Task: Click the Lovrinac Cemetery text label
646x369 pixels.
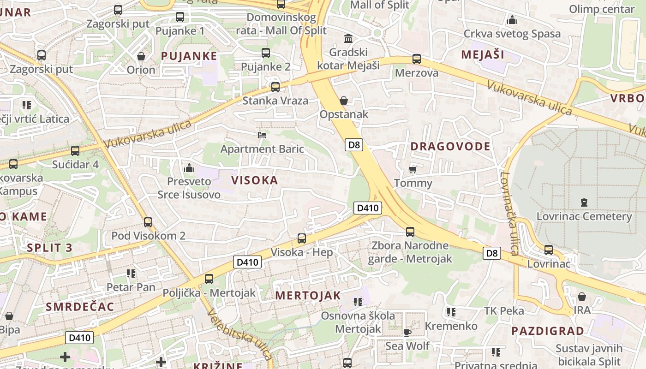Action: pyautogui.click(x=584, y=216)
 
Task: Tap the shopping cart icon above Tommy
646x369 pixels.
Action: pyautogui.click(x=413, y=169)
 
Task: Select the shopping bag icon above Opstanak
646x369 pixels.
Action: pyautogui.click(x=343, y=100)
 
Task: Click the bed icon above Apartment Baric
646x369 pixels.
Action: pyautogui.click(x=262, y=135)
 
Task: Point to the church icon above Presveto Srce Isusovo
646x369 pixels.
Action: pyautogui.click(x=189, y=167)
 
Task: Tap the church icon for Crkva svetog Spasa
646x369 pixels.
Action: pyautogui.click(x=512, y=20)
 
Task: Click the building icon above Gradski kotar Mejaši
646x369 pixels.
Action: pyautogui.click(x=348, y=38)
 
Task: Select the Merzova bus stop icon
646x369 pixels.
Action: pyautogui.click(x=416, y=59)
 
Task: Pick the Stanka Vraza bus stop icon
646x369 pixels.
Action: pyautogui.click(x=275, y=87)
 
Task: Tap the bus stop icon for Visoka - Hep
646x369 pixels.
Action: pyautogui.click(x=301, y=238)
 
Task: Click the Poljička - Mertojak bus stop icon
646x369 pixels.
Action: pyautogui.click(x=209, y=279)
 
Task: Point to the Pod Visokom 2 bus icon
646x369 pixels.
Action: pyautogui.click(x=148, y=222)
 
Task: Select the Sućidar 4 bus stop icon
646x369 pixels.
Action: pyautogui.click(x=75, y=150)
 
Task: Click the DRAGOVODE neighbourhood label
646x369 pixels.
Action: pyautogui.click(x=450, y=147)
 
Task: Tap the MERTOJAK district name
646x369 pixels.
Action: pyautogui.click(x=308, y=296)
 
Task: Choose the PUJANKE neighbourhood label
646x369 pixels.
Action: pyautogui.click(x=189, y=56)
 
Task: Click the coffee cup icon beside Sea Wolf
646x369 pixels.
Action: pyautogui.click(x=407, y=332)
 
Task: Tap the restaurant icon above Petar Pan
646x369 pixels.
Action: pyautogui.click(x=131, y=274)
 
